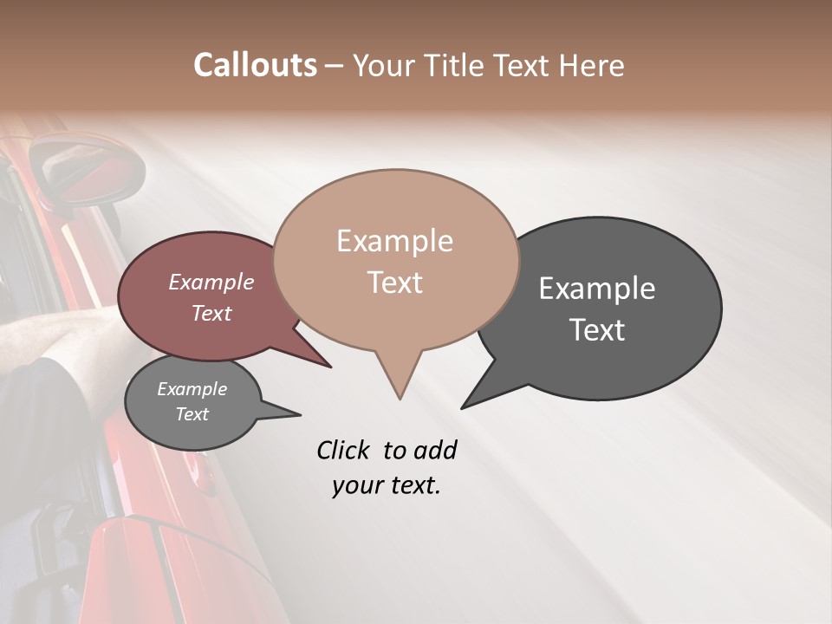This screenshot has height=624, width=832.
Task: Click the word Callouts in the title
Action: (255, 65)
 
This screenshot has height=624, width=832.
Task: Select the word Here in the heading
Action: (590, 66)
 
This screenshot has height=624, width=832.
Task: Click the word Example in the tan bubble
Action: (394, 241)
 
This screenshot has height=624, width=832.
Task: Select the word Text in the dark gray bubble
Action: (597, 330)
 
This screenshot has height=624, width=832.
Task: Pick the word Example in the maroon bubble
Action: (211, 282)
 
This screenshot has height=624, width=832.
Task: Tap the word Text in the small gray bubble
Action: (192, 414)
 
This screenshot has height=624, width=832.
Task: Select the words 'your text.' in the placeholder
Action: (386, 485)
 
